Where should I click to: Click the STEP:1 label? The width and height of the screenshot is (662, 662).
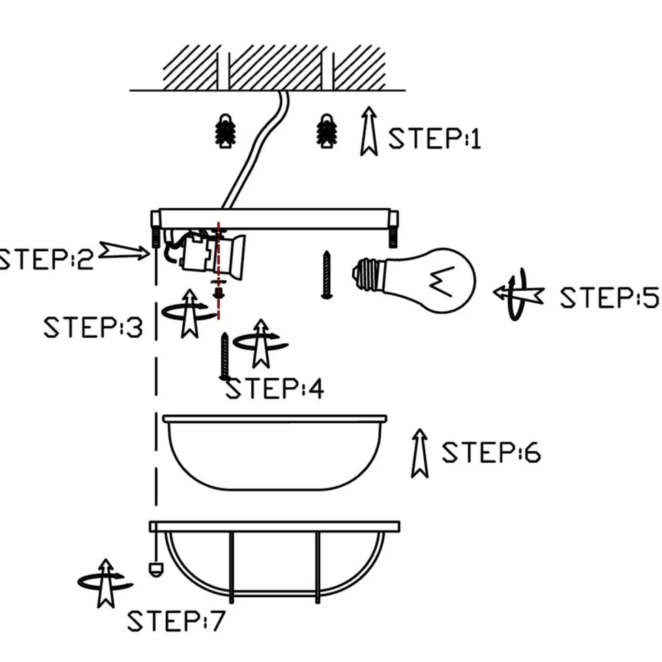[x=435, y=139]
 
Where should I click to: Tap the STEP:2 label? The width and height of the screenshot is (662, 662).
[x=46, y=259]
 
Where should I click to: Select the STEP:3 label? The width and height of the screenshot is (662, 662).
[x=93, y=328]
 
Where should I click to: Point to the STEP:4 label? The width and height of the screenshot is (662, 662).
[x=274, y=389]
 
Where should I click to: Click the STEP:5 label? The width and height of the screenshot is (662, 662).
[x=609, y=298]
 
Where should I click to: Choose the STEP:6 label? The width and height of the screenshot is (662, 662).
[x=491, y=452]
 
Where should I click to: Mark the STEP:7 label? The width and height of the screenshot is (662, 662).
[x=175, y=622]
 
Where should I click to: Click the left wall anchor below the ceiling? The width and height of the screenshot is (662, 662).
[x=225, y=131]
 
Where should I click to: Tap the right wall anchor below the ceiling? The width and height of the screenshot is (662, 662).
[x=328, y=130]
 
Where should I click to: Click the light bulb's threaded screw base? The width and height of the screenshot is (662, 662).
[x=366, y=274]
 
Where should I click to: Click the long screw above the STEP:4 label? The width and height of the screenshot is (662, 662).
[x=224, y=356]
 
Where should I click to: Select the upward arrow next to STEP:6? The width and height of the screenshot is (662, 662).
[x=420, y=453]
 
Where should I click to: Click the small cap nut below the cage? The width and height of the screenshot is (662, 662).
[x=155, y=569]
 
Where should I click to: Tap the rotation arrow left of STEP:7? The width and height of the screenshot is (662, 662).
[x=105, y=583]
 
